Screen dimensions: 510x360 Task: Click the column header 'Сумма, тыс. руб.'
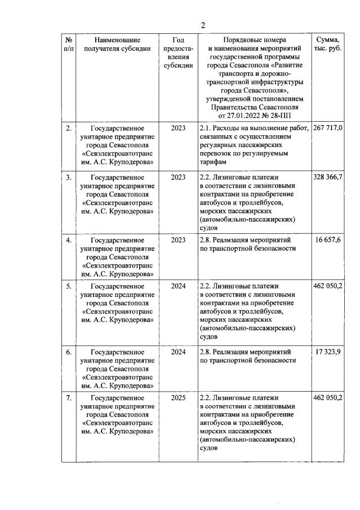click(x=328, y=45)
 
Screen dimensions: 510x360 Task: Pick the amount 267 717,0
click(x=328, y=128)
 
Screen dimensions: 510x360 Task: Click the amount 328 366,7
click(x=328, y=178)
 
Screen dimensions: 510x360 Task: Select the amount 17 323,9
click(x=330, y=352)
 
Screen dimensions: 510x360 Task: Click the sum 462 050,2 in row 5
click(x=328, y=286)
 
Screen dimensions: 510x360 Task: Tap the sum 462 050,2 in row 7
click(x=328, y=398)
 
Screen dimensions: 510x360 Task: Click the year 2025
click(x=177, y=398)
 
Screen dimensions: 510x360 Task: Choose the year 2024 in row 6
click(x=177, y=352)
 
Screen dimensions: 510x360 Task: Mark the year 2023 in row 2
click(x=177, y=128)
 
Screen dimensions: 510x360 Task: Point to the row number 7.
click(x=68, y=398)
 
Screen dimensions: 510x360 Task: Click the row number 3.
click(x=68, y=178)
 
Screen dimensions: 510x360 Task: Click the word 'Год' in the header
click(x=177, y=40)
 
